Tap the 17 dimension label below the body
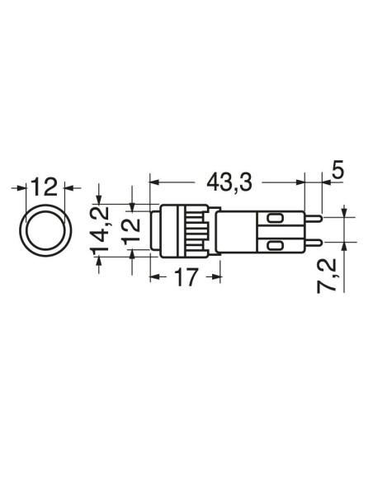click(186, 277)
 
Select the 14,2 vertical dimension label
click(100, 229)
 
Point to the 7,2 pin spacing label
click(327, 276)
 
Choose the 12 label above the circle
click(45, 187)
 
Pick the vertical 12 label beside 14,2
click(132, 231)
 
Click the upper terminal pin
click(313, 218)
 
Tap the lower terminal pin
click(313, 243)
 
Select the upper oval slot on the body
click(275, 219)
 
